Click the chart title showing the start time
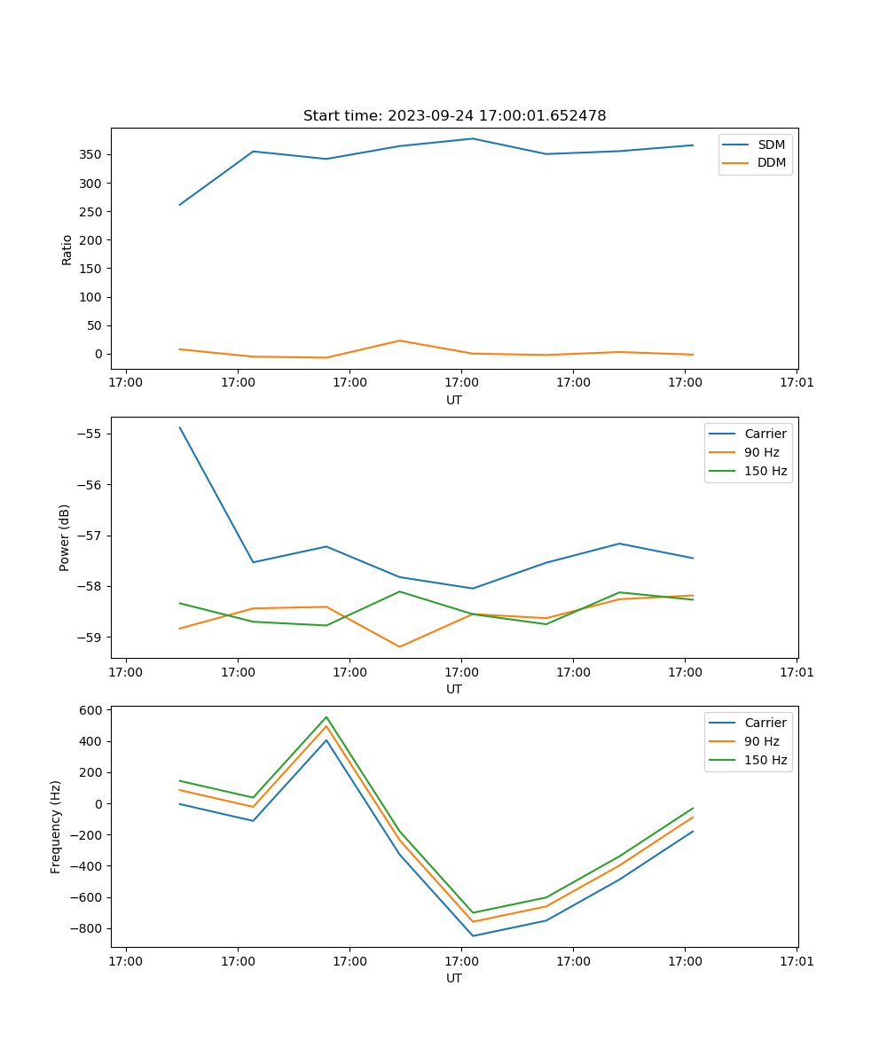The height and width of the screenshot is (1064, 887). pos(454,116)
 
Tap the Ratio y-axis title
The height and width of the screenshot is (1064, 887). pos(67,249)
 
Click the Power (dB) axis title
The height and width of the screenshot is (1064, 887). pos(65,537)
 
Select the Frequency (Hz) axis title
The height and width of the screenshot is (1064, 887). pos(56,826)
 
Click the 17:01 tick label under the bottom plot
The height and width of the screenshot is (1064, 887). pos(797,960)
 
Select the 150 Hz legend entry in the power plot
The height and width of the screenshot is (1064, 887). pos(765,471)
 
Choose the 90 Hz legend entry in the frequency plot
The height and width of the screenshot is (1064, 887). pos(762,741)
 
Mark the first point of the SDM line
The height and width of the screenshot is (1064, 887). pos(180,205)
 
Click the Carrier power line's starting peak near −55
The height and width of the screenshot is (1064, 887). pos(180,427)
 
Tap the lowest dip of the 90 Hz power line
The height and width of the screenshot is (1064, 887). pos(399,646)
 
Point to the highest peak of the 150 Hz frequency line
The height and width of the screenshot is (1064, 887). pos(326,717)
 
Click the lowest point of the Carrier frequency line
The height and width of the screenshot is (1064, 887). pos(473,935)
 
